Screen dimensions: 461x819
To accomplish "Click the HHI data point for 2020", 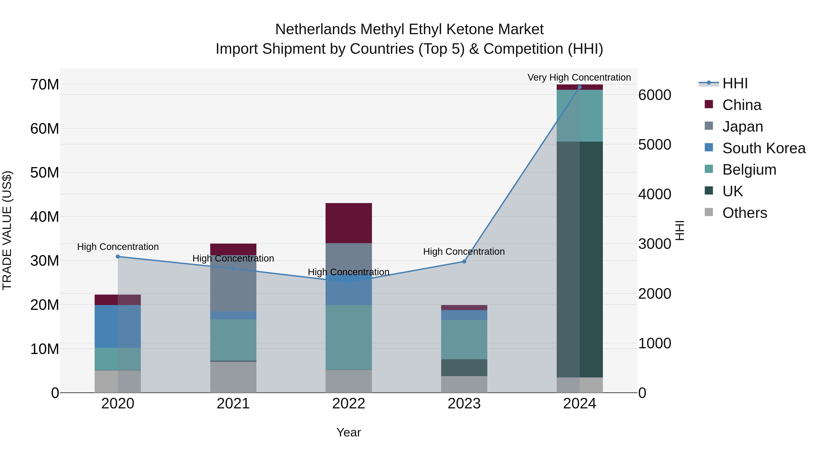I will [118, 256].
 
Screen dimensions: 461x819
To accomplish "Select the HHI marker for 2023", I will [464, 262].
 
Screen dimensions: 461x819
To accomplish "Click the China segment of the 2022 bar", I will [349, 223].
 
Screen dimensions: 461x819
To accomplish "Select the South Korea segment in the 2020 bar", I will [118, 326].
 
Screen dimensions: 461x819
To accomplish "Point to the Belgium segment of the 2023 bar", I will [464, 339].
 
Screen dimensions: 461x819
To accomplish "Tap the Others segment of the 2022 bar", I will [349, 381].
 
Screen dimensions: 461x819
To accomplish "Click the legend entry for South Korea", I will [764, 148].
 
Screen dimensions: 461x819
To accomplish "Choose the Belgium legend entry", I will [749, 170].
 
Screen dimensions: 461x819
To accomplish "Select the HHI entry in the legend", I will [735, 83].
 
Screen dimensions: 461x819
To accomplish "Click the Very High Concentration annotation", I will [579, 77].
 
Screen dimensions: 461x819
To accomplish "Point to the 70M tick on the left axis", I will [45, 85].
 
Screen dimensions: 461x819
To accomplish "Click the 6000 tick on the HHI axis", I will [655, 95].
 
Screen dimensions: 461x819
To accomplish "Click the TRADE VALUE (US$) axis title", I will [7, 230].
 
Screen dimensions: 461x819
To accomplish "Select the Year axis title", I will [349, 432].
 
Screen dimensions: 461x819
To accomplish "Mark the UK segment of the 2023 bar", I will [464, 367].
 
